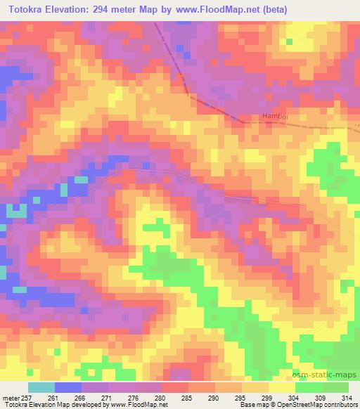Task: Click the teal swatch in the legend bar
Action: coord(41,387)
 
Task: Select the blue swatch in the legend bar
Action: coord(67,387)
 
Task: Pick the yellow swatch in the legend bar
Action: coord(281,387)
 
